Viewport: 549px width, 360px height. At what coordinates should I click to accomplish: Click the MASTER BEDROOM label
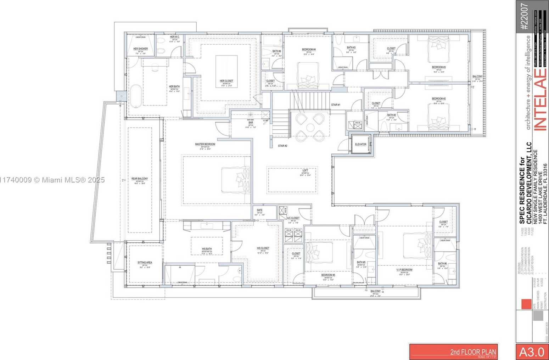pyautogui.click(x=205, y=144)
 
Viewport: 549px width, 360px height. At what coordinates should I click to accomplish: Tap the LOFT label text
pyautogui.click(x=305, y=170)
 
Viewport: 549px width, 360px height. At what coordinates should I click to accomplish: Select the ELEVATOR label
pyautogui.click(x=360, y=144)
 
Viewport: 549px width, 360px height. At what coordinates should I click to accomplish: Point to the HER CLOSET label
pyautogui.click(x=226, y=81)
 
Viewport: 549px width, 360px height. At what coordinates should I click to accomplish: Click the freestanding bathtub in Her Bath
pyautogui.click(x=135, y=96)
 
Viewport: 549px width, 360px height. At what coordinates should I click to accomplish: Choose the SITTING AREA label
pyautogui.click(x=145, y=263)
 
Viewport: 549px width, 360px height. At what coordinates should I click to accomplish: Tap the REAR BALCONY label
pyautogui.click(x=140, y=179)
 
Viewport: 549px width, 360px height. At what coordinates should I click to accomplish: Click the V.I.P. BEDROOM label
pyautogui.click(x=404, y=270)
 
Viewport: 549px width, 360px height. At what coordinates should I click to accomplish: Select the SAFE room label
pyautogui.click(x=259, y=210)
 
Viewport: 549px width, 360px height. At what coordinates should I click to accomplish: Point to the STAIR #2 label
pyautogui.click(x=282, y=146)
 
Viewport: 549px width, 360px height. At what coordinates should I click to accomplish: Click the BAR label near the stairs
pyautogui.click(x=251, y=123)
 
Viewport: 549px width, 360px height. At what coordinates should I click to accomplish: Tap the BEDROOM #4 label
pyautogui.click(x=309, y=49)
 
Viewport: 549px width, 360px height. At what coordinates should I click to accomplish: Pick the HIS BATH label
pyautogui.click(x=207, y=249)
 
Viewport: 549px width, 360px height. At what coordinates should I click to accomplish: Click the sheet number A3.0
pyautogui.click(x=531, y=351)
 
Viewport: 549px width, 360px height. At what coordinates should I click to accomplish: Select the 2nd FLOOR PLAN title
pyautogui.click(x=473, y=352)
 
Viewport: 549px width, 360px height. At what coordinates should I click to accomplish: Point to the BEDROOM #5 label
pyautogui.click(x=328, y=275)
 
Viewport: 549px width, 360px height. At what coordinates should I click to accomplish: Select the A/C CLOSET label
pyautogui.click(x=293, y=218)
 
